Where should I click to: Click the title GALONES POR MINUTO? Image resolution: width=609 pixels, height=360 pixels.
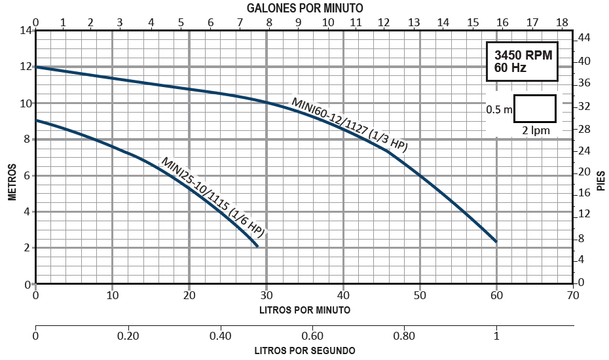pos(305,8)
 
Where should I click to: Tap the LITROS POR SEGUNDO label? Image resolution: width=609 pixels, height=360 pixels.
pos(304,350)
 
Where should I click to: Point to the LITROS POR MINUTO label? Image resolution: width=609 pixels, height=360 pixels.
pos(304,310)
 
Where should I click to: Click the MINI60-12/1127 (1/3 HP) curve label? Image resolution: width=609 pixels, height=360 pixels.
pos(350,125)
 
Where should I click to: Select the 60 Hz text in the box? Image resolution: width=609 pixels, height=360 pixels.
pos(510,68)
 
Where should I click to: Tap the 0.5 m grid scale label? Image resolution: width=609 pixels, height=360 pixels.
pos(500,110)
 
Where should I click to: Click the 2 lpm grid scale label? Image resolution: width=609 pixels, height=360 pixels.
pos(536,130)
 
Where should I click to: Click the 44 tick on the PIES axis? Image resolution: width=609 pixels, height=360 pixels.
pos(585,39)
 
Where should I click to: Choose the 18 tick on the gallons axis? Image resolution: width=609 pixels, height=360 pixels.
pos(562,22)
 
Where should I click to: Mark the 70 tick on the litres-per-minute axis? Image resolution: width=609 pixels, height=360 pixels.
pos(574,296)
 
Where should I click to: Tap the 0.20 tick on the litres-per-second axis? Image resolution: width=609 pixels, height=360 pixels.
pos(128,336)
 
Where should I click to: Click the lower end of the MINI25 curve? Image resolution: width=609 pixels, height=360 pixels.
pos(258,246)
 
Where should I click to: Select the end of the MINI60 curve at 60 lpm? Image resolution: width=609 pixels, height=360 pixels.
pos(496,242)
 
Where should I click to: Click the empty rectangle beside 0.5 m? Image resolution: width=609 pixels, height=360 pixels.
pos(535,108)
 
